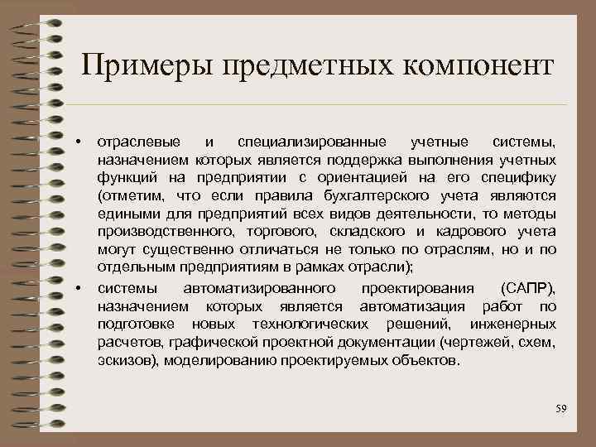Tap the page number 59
click(x=560, y=409)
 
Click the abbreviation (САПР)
click(x=528, y=288)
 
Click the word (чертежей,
click(x=481, y=342)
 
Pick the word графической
click(x=208, y=342)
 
